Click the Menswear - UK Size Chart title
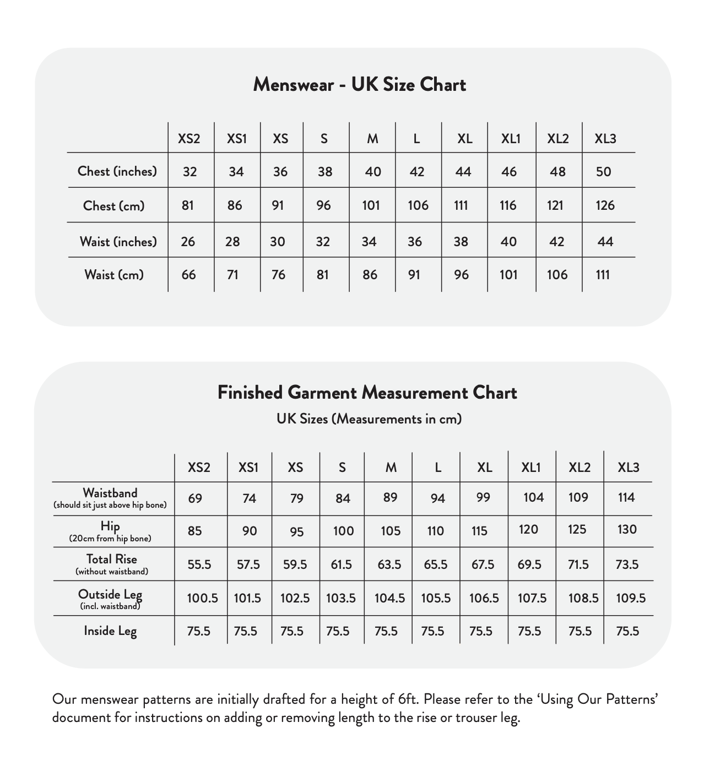click(x=359, y=84)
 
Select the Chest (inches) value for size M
click(x=373, y=172)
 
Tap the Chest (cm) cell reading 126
click(x=605, y=205)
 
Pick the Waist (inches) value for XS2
click(x=188, y=242)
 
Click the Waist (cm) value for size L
click(x=414, y=275)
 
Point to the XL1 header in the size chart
click(x=511, y=139)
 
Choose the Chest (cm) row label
click(x=113, y=206)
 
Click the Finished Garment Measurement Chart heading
click(x=367, y=393)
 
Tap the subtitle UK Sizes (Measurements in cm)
click(x=369, y=419)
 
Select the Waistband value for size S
click(x=343, y=498)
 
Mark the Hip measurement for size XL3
click(x=627, y=530)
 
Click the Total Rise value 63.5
click(x=389, y=564)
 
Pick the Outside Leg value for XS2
click(x=202, y=598)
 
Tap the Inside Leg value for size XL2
click(x=580, y=631)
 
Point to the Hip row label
click(x=110, y=526)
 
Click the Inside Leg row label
click(x=110, y=631)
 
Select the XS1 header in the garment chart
click(x=248, y=468)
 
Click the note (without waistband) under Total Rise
click(x=112, y=572)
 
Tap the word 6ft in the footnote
click(x=408, y=699)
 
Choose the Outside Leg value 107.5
click(x=532, y=598)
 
